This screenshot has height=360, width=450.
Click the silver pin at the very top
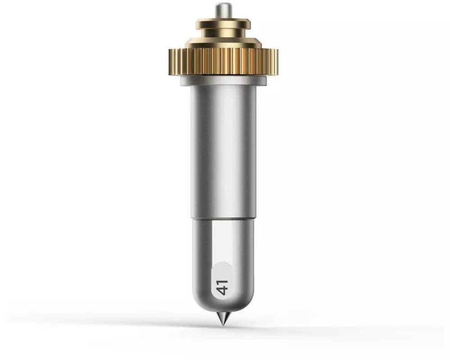[x=223, y=11]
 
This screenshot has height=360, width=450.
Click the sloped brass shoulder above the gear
[x=223, y=43]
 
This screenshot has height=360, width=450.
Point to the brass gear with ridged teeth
[x=223, y=62]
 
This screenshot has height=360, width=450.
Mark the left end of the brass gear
[x=169, y=62]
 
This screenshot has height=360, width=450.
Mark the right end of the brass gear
[x=278, y=62]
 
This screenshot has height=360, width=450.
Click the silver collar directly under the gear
[x=223, y=81]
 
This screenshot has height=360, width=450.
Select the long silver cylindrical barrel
[x=223, y=152]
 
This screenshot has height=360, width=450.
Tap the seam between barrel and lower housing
[x=223, y=220]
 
